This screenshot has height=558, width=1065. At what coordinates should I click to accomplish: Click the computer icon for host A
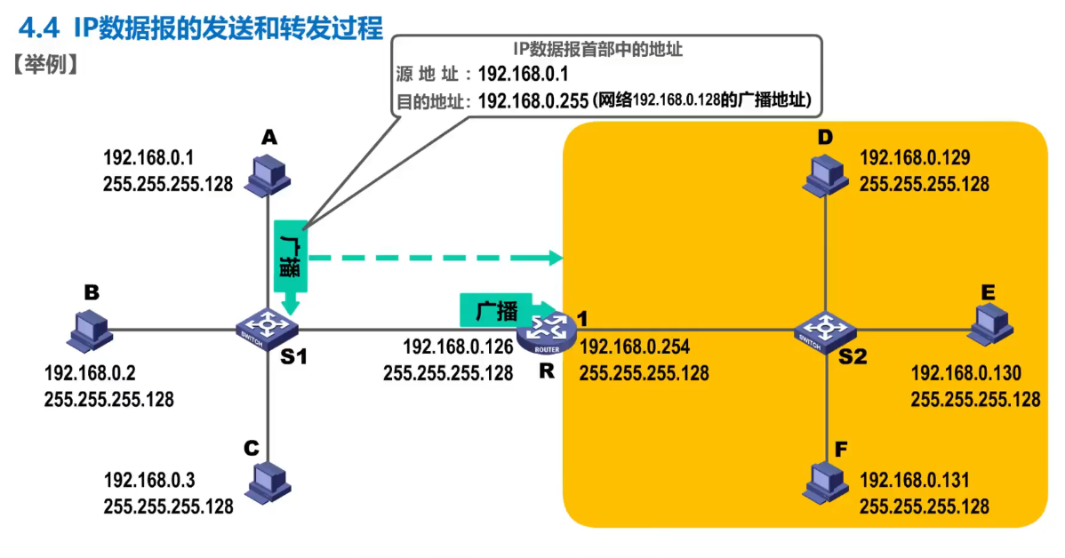(268, 175)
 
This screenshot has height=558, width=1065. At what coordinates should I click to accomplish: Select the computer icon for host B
(90, 329)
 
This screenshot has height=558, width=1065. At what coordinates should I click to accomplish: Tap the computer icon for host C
(268, 482)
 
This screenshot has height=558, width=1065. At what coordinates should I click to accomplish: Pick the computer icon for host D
(828, 175)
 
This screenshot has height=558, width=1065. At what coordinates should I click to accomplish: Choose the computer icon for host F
(828, 482)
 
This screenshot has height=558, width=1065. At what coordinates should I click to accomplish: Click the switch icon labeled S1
(268, 329)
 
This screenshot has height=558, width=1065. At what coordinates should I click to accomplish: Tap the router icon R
(545, 329)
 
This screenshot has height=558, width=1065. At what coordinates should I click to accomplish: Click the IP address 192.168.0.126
(458, 347)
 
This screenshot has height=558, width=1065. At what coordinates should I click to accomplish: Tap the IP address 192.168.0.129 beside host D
(915, 158)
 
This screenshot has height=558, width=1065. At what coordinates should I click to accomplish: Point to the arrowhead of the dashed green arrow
(557, 258)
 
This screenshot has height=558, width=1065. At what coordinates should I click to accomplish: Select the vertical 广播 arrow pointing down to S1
(291, 262)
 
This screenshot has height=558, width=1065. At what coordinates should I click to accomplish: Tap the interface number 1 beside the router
(582, 318)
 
